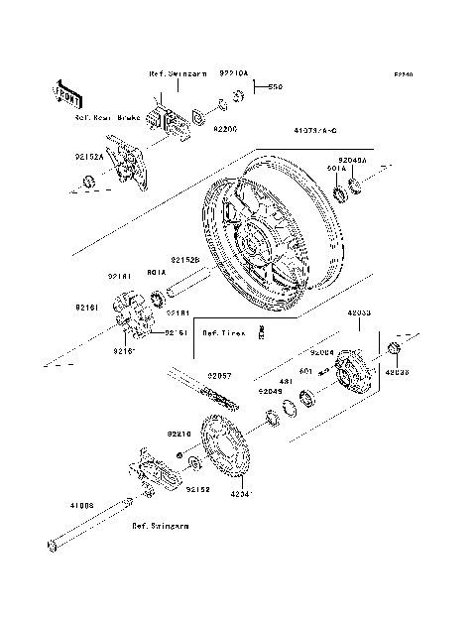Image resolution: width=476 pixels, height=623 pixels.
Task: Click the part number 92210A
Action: click(235, 72)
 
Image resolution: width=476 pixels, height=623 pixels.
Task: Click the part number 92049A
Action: click(352, 159)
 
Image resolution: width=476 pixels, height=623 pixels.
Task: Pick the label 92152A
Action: click(88, 154)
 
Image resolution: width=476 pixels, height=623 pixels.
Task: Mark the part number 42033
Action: click(359, 311)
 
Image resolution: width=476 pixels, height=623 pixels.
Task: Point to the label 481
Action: click(284, 381)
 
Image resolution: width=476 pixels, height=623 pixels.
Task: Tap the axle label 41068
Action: click(81, 505)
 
